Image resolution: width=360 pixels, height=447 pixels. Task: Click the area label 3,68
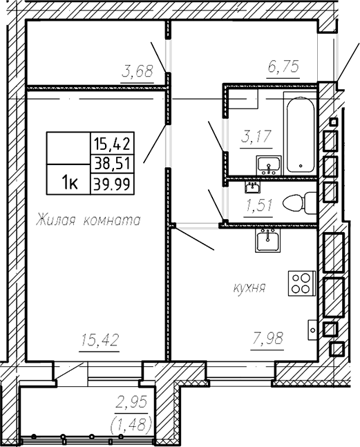(138, 71)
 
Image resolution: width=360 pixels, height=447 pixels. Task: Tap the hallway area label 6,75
(283, 66)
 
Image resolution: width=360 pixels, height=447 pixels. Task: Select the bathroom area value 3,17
(256, 137)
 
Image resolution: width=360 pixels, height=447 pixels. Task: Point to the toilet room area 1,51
(258, 206)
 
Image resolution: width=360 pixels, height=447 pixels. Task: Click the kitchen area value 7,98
(267, 339)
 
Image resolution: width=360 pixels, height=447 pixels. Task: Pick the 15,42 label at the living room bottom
(100, 340)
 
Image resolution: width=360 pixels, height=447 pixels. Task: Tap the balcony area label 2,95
(132, 402)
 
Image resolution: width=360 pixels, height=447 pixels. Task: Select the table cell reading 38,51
(113, 164)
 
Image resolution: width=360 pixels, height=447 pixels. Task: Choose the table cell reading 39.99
(113, 184)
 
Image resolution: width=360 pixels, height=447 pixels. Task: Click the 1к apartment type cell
(70, 183)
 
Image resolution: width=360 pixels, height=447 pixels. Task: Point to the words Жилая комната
(88, 220)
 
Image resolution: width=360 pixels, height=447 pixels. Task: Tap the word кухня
(249, 287)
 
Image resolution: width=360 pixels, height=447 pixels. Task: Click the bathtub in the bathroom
(301, 134)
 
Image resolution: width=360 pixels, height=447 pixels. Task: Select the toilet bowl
(300, 203)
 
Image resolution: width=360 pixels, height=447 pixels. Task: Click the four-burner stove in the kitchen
(302, 283)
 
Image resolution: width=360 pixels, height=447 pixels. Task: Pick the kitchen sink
(267, 241)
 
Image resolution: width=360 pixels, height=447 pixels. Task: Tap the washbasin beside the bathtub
(269, 166)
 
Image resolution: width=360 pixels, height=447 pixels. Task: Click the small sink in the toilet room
(252, 188)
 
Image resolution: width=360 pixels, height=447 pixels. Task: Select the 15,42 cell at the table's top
(113, 144)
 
